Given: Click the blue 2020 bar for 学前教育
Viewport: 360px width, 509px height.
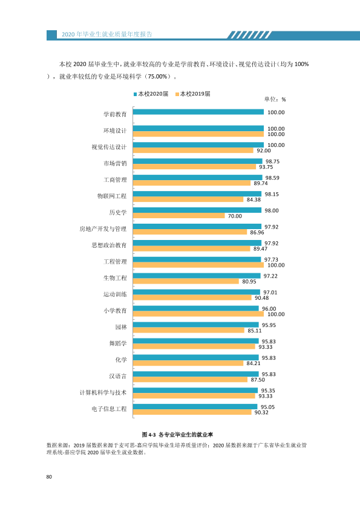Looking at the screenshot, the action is (x=198, y=112).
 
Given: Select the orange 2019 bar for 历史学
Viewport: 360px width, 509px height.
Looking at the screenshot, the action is (x=178, y=216).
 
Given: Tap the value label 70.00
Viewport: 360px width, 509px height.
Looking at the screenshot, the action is (x=235, y=216).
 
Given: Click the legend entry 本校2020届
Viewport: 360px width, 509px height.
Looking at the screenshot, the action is (x=151, y=94).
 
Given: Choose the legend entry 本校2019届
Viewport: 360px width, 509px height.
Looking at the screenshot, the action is (x=192, y=94).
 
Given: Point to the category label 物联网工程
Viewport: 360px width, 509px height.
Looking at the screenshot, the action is (x=112, y=196).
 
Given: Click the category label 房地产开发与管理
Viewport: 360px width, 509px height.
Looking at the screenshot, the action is (x=103, y=229).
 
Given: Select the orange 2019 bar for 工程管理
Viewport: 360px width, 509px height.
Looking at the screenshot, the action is (x=198, y=265).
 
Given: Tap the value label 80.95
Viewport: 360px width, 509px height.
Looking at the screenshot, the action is (x=249, y=282).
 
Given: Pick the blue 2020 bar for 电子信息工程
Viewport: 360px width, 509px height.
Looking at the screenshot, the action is (x=195, y=406).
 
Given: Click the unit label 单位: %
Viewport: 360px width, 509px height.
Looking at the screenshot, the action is (x=275, y=99).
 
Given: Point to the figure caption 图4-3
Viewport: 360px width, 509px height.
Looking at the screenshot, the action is (x=149, y=435).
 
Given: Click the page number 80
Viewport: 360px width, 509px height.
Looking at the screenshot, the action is (x=49, y=476).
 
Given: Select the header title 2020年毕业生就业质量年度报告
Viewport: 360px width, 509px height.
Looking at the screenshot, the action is (x=107, y=34).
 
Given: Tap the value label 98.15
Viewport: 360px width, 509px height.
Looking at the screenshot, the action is (x=272, y=194).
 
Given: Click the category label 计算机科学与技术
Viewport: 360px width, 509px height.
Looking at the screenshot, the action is (x=103, y=392).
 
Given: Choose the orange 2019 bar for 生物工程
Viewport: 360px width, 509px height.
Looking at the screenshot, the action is (x=186, y=281).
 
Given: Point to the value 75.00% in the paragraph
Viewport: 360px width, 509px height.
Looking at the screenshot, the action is (x=157, y=77).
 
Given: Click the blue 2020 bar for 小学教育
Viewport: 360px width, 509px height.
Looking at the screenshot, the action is (x=195, y=308).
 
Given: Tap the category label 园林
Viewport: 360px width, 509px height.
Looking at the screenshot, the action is (x=121, y=327).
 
